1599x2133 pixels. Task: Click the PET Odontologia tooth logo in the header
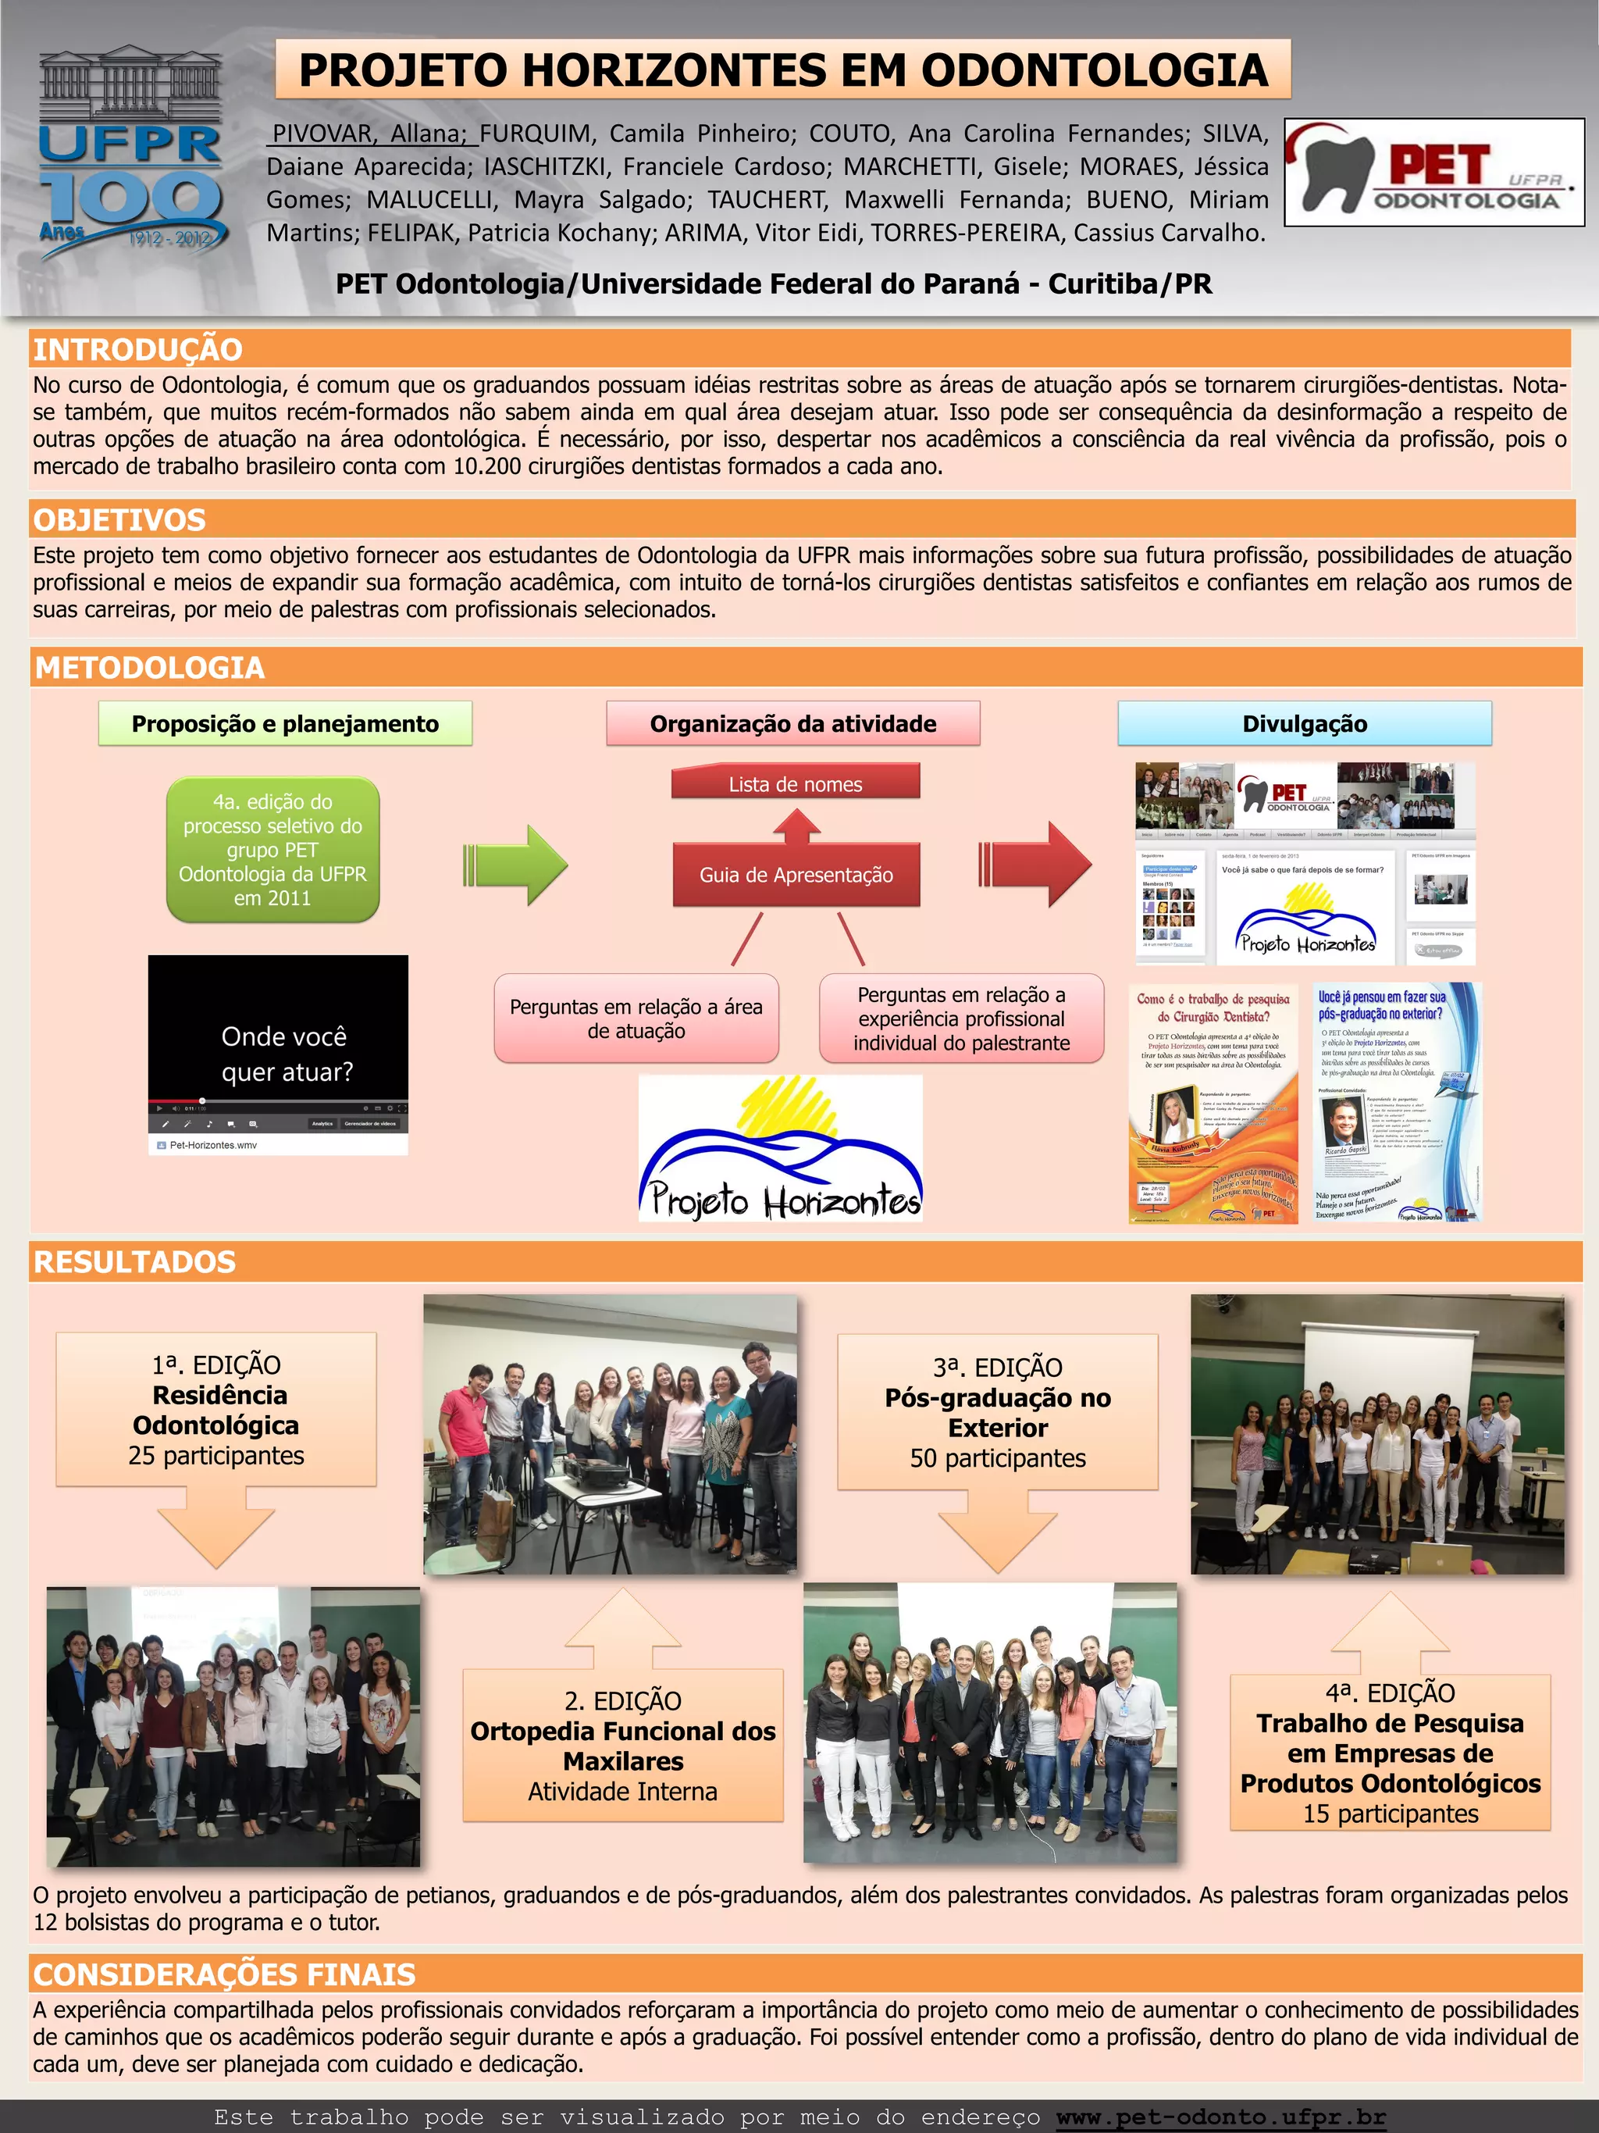[x=1433, y=173]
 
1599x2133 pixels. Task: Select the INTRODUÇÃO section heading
[x=138, y=349]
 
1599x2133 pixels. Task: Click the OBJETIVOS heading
[x=119, y=519]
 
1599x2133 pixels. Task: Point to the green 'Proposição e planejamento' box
[x=285, y=724]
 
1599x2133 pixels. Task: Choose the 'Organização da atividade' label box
[x=792, y=724]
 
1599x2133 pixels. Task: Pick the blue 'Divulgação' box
[x=1304, y=724]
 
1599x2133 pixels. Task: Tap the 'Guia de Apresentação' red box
[x=796, y=875]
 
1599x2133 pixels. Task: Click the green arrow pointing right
[x=518, y=864]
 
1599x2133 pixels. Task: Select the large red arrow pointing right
[x=1037, y=863]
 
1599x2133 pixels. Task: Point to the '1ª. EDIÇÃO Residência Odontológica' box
[x=216, y=1409]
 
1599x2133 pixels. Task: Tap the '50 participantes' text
[x=998, y=1458]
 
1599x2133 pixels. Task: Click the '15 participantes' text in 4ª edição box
[x=1390, y=1814]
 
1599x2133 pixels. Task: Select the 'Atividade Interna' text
[x=622, y=1792]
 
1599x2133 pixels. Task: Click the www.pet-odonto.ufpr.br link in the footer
[x=1220, y=2117]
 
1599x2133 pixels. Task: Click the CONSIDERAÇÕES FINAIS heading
[x=225, y=1975]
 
